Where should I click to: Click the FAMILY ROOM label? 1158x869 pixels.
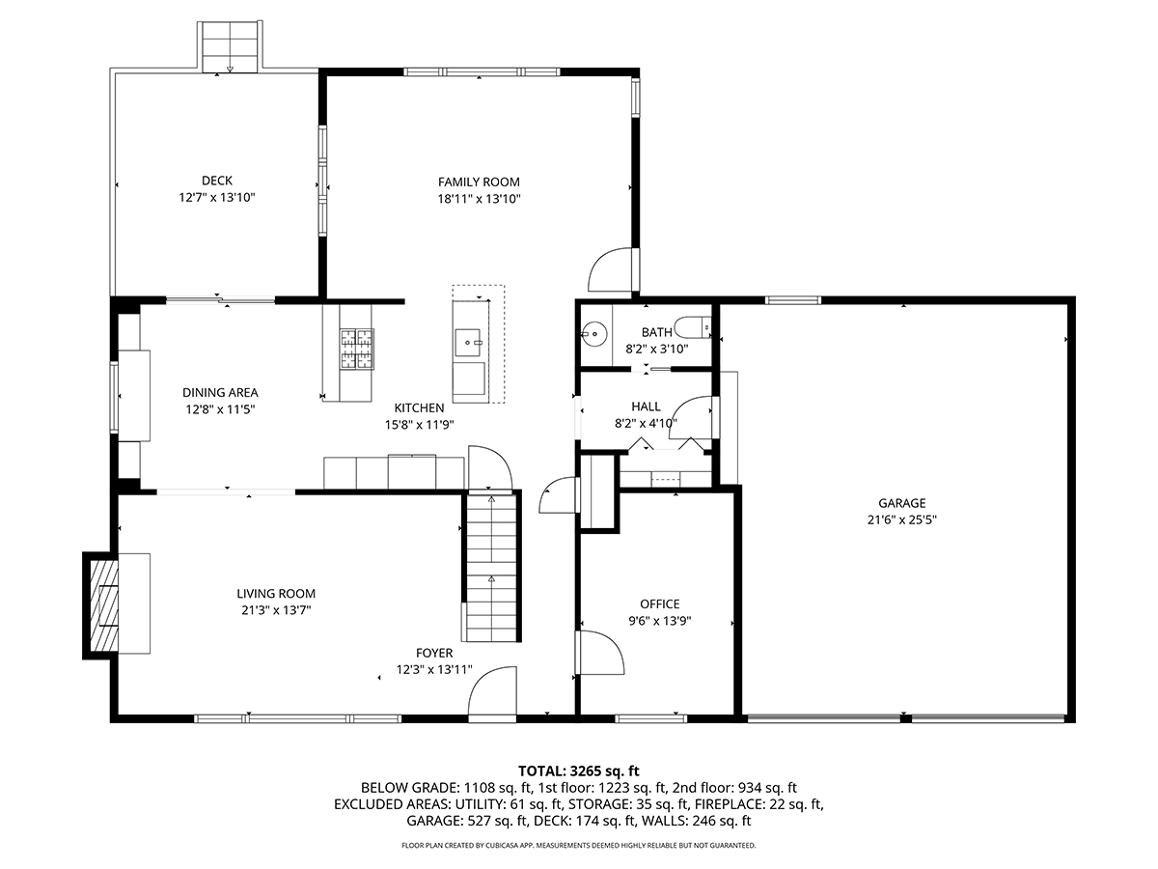pos(479,182)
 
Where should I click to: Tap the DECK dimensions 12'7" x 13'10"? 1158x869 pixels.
pos(217,198)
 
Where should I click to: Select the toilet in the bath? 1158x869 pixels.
pos(693,327)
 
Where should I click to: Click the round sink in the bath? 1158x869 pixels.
pos(594,333)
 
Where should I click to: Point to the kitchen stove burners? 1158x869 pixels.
pos(357,349)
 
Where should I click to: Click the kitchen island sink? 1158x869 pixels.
pos(468,343)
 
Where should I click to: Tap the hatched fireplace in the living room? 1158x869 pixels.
pos(104,605)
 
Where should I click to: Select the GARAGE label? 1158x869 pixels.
pos(901,503)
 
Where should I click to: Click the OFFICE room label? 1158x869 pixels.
pos(659,603)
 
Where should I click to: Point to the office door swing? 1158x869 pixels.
pos(601,653)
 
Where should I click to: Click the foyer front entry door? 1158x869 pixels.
pos(492,693)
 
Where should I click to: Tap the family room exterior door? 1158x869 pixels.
pos(612,269)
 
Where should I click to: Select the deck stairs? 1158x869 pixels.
pos(230,47)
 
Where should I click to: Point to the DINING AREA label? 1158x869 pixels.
pos(220,393)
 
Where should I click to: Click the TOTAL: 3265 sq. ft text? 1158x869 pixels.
pos(578,771)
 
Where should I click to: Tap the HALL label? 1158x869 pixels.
pos(646,406)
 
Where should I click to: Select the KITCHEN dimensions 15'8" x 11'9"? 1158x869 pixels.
pos(420,425)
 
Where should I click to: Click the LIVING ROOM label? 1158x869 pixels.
pos(276,594)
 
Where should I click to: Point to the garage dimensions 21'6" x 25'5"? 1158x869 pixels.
pos(901,519)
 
